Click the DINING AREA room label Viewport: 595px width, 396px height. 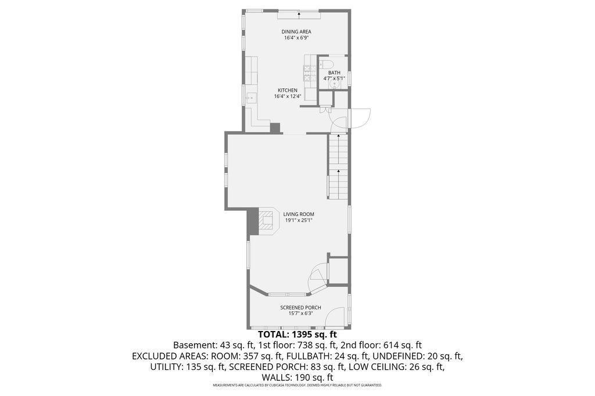click(296, 31)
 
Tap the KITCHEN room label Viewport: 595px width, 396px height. click(287, 90)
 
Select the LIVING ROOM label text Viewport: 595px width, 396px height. click(299, 214)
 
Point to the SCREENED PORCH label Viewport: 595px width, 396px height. click(300, 308)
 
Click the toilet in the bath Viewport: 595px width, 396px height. click(326, 62)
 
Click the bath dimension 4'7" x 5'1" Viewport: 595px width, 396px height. click(334, 78)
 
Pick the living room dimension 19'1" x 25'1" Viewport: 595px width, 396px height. click(299, 220)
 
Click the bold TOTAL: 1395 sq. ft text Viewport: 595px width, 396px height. click(297, 334)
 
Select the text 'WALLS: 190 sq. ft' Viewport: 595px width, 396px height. click(297, 377)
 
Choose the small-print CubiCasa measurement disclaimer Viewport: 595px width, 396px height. click(297, 386)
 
